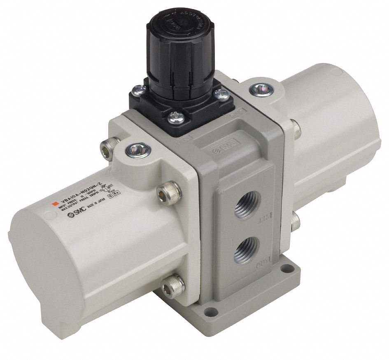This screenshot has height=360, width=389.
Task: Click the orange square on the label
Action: coord(52,204)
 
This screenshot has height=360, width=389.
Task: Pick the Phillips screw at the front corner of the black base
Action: coord(172,118)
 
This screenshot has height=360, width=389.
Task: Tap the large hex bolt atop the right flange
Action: coord(259,88)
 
